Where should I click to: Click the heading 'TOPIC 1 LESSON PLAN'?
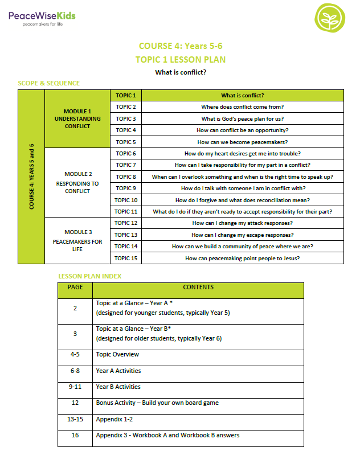(x=181, y=59)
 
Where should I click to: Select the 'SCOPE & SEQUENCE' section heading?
(x=49, y=83)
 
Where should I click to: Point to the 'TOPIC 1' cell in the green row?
(x=126, y=95)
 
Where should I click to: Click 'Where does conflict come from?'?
(x=242, y=107)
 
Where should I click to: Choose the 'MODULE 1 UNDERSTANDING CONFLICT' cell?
(x=77, y=118)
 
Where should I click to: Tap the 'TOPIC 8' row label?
(x=126, y=177)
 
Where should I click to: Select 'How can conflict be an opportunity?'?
(x=242, y=130)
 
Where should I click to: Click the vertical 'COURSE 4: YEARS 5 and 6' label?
(x=31, y=177)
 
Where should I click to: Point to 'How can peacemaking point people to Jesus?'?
(x=242, y=259)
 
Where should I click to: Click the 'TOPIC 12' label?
(x=126, y=223)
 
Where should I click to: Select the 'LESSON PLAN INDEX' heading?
(x=89, y=276)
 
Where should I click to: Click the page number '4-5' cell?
(x=75, y=354)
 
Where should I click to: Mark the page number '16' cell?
(x=75, y=435)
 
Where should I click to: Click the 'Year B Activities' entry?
(x=118, y=387)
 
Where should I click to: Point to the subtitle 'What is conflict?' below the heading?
(x=181, y=72)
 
